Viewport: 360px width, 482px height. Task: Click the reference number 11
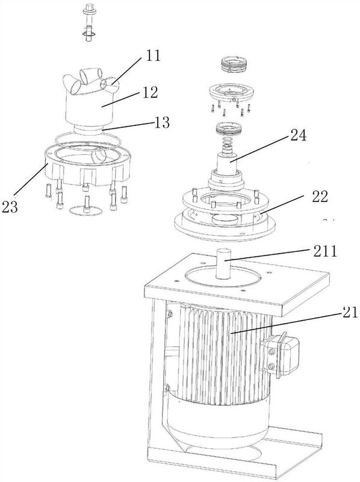click(153, 55)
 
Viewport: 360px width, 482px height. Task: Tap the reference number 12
click(151, 92)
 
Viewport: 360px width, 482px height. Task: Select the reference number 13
click(161, 122)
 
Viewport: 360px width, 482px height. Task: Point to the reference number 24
click(297, 135)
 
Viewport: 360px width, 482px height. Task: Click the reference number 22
click(319, 196)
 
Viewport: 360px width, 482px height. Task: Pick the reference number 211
click(324, 251)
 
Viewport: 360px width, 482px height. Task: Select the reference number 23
click(10, 207)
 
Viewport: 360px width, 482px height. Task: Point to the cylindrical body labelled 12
click(89, 108)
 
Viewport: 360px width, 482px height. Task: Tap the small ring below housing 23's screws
click(85, 210)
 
